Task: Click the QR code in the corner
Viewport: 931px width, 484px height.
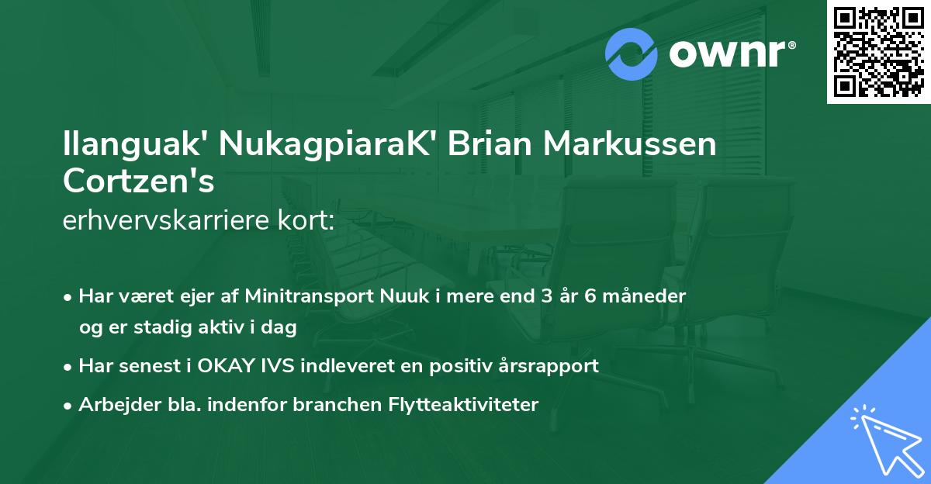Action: tap(879, 52)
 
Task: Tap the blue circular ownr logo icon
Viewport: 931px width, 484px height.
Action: tap(632, 54)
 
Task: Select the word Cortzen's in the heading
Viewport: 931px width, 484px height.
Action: tap(139, 181)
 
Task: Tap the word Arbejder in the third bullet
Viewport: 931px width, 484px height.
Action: tap(114, 405)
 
